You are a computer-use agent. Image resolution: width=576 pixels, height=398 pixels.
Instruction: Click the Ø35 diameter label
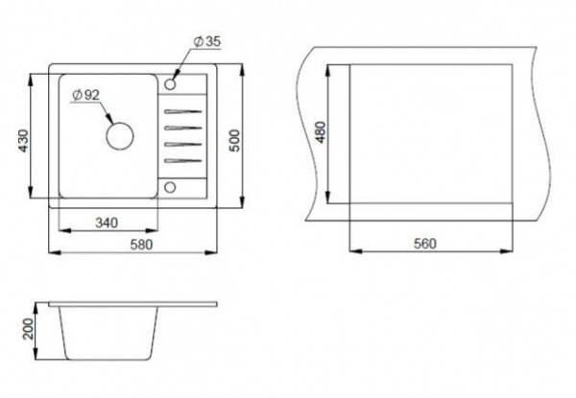tap(207, 41)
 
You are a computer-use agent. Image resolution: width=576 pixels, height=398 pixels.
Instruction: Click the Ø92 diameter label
tap(86, 95)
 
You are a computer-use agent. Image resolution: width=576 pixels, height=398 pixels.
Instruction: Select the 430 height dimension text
tap(23, 141)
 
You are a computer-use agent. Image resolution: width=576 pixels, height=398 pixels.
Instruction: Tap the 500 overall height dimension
tap(234, 140)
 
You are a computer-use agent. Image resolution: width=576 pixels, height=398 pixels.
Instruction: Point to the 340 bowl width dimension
tap(107, 222)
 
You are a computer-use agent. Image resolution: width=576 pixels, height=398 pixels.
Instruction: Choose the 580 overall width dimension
tap(141, 245)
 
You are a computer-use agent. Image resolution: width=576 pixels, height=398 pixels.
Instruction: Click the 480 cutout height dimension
tap(321, 132)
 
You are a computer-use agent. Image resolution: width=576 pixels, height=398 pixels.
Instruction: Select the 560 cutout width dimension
tap(425, 244)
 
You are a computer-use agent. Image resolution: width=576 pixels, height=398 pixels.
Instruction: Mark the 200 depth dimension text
tap(28, 328)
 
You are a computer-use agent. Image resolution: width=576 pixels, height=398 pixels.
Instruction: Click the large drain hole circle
tap(119, 136)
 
